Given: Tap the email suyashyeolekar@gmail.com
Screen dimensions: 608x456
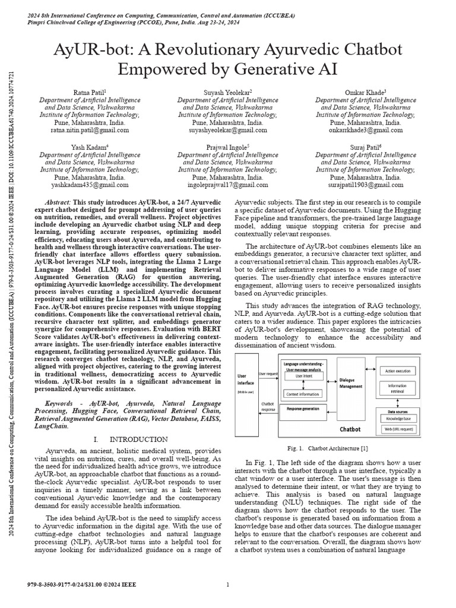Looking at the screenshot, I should click(227, 130).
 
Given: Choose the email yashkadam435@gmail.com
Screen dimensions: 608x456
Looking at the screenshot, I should click(89, 185).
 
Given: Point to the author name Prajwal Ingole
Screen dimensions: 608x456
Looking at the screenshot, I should click(227, 147).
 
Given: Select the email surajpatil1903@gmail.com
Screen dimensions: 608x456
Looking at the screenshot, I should click(365, 185).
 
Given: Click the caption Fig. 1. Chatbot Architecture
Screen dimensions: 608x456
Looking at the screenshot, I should click(328, 448).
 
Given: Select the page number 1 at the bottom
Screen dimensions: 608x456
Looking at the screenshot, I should click(227, 585).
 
